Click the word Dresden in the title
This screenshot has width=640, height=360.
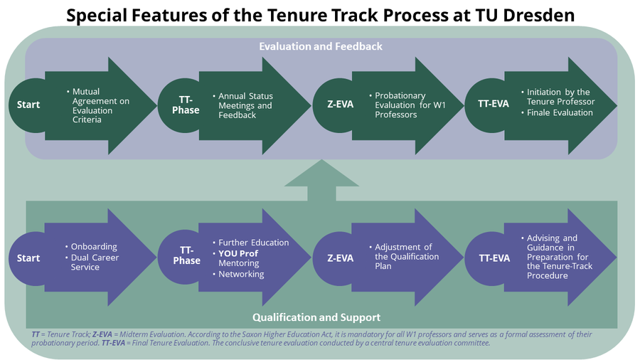539,16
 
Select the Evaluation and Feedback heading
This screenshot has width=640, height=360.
321,46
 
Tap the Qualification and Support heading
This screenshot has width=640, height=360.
316,317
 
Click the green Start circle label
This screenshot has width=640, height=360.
28,105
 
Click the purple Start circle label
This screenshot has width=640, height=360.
28,258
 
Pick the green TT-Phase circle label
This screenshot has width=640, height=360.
186,105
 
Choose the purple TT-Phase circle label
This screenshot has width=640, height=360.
186,255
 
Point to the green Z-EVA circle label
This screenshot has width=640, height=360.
341,104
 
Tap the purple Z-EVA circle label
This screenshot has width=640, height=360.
341,258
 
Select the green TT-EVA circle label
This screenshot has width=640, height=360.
494,104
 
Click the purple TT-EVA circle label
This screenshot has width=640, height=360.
494,258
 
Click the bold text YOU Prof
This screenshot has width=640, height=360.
238,253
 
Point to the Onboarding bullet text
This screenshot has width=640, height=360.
94,247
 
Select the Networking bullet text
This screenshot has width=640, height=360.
241,274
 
